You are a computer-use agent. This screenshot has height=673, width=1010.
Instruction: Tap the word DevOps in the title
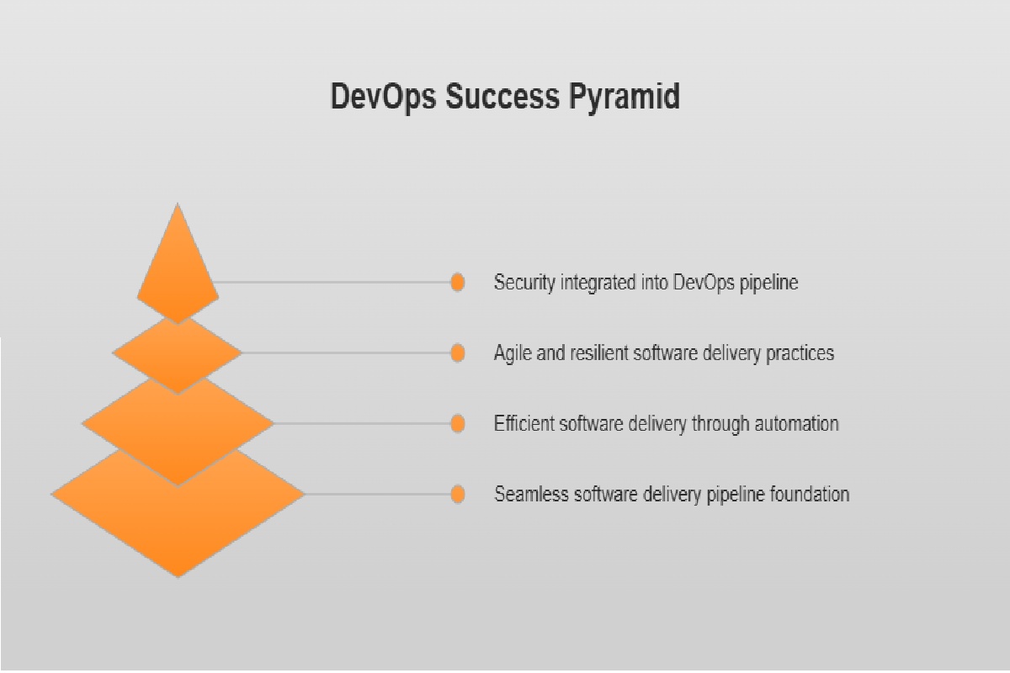click(x=383, y=97)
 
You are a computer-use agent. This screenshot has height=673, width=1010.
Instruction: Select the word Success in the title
click(x=497, y=97)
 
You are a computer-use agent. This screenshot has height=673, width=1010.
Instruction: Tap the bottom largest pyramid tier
click(x=178, y=513)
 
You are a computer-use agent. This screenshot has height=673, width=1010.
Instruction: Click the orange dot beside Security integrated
click(x=457, y=283)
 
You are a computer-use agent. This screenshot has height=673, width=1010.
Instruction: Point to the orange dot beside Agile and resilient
click(x=457, y=353)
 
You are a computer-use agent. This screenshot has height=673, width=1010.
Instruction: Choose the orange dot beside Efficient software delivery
click(x=457, y=424)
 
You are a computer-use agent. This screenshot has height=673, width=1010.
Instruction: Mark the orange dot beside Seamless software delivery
click(x=457, y=495)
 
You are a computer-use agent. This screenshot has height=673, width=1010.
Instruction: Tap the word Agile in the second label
click(x=512, y=353)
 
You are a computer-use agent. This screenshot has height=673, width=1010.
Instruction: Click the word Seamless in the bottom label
click(x=530, y=495)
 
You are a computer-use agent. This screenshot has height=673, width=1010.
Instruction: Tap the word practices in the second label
click(x=800, y=353)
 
